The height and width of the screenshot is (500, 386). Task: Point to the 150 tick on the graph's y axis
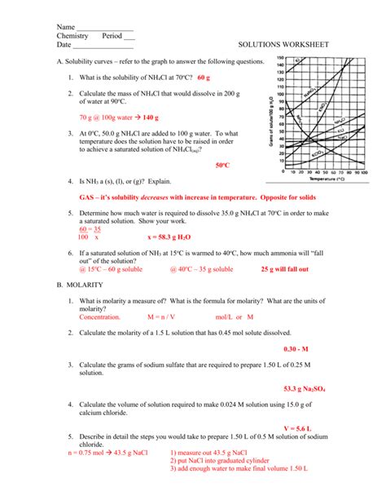click(281, 59)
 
